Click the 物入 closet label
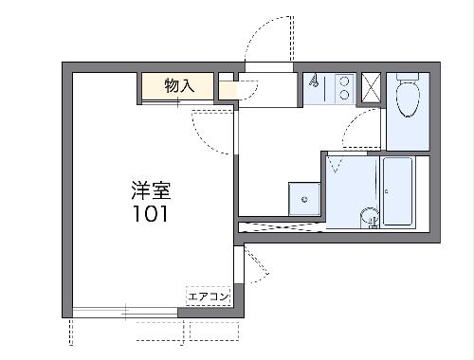click(179, 85)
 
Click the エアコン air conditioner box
click(209, 297)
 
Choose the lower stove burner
click(343, 95)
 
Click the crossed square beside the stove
click(373, 88)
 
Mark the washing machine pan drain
click(304, 199)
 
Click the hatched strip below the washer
click(282, 226)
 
